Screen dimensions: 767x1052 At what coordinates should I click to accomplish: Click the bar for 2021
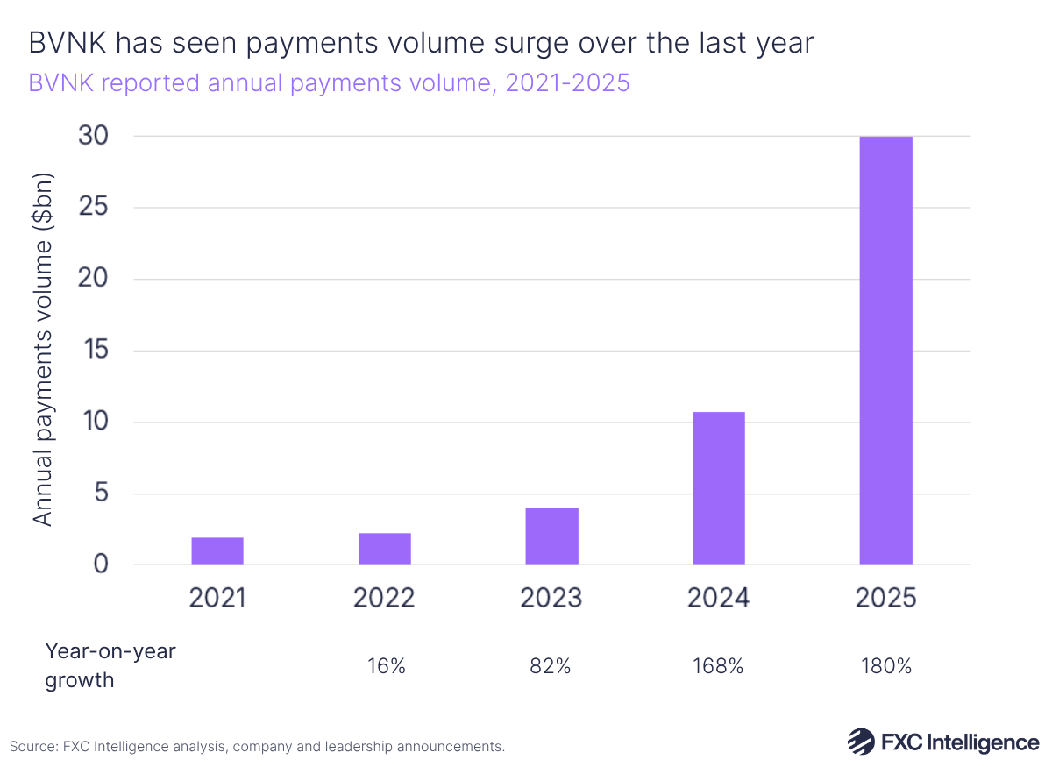(217, 550)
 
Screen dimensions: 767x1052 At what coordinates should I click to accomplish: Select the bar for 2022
(384, 548)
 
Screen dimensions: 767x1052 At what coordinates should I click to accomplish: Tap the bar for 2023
(551, 536)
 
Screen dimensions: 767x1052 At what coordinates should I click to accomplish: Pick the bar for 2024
(719, 487)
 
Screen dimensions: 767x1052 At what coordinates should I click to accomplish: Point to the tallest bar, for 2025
(885, 351)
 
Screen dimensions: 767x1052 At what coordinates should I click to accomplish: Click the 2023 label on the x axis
(551, 598)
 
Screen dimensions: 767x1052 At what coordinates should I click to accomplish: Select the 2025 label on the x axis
(885, 598)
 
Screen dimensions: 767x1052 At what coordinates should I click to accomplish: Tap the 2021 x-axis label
(217, 598)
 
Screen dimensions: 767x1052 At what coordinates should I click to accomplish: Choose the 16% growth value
(386, 665)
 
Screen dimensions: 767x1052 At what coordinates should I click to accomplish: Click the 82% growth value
(551, 665)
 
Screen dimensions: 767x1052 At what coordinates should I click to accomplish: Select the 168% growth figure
(719, 665)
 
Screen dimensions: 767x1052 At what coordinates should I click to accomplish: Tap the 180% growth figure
(885, 665)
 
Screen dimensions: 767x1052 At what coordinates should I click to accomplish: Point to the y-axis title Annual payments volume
(43, 351)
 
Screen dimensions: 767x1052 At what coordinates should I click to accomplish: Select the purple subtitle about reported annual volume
(329, 83)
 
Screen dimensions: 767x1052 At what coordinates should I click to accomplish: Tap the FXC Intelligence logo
(942, 742)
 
